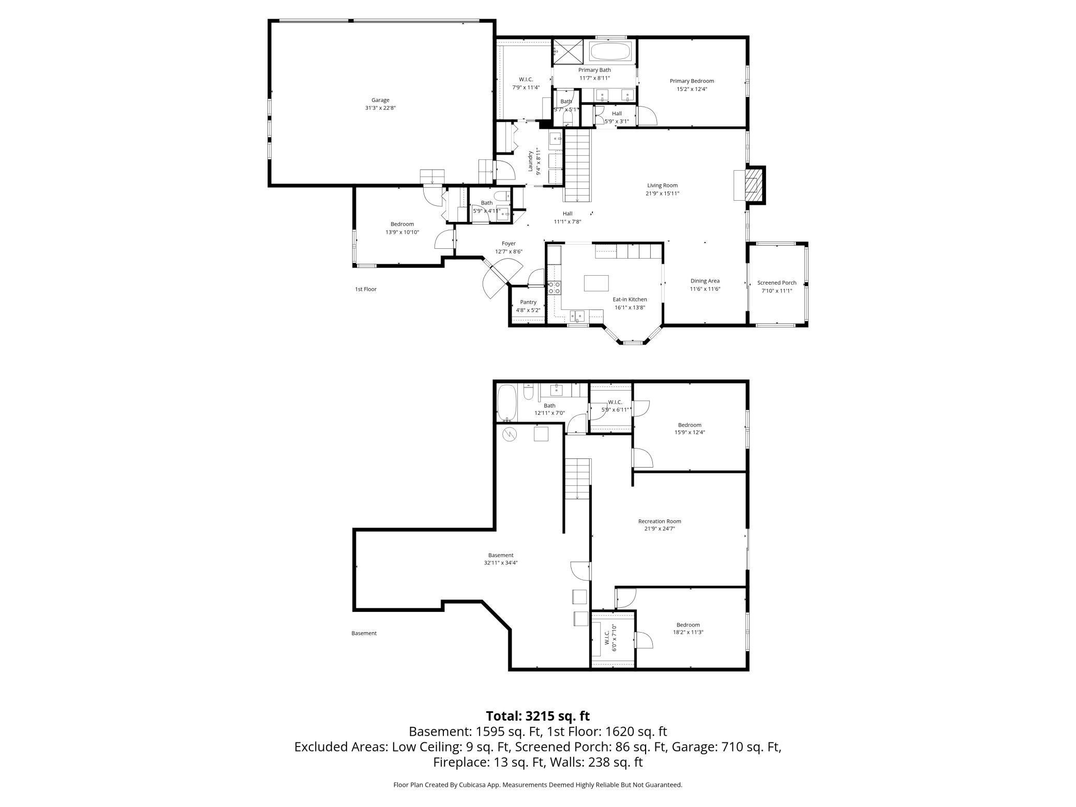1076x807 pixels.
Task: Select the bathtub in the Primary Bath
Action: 610,52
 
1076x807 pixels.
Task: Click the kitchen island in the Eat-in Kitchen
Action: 596,283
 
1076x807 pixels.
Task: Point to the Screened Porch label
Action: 776,283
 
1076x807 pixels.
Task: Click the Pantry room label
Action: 528,302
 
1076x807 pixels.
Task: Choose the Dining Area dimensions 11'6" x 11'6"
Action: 705,289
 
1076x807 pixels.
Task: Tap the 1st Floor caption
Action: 366,289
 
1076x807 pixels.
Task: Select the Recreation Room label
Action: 660,521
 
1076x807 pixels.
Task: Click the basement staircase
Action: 577,479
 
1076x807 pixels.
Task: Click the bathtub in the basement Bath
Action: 506,402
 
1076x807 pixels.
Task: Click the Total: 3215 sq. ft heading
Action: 537,716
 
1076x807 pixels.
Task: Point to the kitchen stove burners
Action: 554,288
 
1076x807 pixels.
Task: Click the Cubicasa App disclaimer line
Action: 537,785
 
